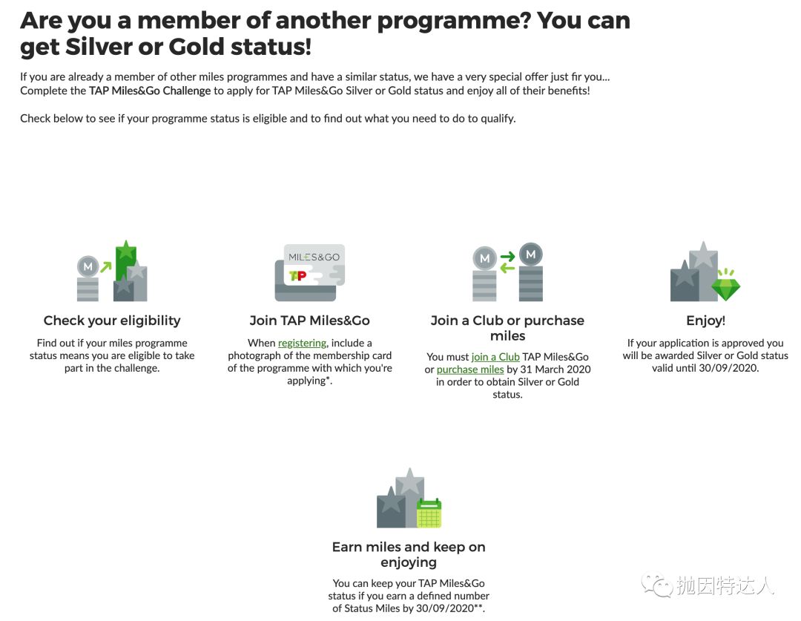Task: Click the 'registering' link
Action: [302, 343]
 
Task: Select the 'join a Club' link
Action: [495, 357]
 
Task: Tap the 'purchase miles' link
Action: [469, 369]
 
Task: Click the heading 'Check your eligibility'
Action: [112, 321]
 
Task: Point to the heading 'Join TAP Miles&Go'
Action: [309, 321]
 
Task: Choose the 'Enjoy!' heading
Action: [705, 321]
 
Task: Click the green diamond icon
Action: [725, 284]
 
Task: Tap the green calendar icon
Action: [429, 513]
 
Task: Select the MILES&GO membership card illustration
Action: [309, 272]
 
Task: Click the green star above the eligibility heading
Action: [127, 251]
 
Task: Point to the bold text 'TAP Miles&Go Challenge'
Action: [150, 91]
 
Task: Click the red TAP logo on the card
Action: [297, 276]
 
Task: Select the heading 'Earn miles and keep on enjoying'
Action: [409, 554]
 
